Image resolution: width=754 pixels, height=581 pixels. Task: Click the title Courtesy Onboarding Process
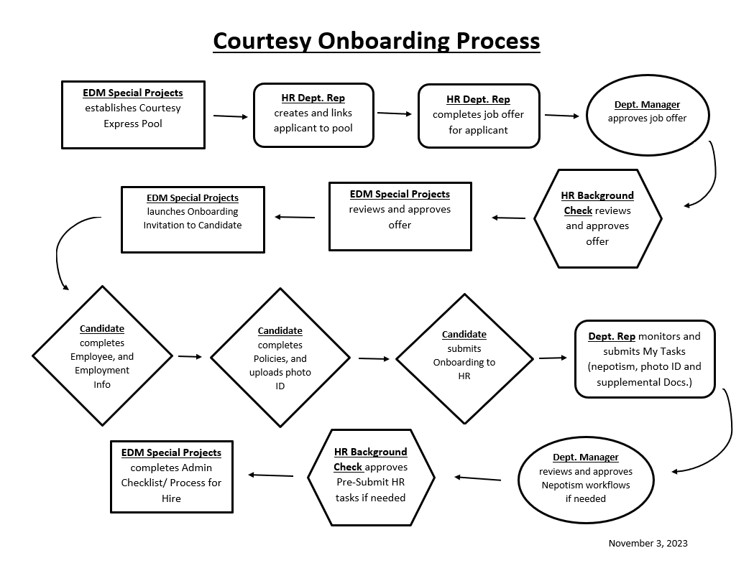point(377,42)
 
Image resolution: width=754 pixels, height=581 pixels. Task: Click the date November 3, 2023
point(648,543)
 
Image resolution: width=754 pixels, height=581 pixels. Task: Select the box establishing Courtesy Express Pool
point(133,115)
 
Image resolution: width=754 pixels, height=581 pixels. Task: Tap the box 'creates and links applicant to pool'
point(313,116)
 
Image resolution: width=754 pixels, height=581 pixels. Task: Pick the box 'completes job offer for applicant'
point(479,116)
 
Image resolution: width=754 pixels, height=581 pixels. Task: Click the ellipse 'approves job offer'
point(647,116)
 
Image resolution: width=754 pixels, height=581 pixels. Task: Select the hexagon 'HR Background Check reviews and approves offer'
point(598,218)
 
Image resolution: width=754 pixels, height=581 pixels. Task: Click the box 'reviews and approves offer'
point(400,216)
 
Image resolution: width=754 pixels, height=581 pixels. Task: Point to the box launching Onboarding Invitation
point(193,220)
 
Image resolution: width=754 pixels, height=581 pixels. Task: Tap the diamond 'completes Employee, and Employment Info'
point(102,356)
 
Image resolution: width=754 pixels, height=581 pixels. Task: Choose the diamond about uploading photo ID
point(280,358)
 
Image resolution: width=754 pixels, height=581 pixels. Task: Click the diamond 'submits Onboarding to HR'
point(464,358)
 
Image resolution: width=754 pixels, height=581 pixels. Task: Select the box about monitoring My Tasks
point(645,359)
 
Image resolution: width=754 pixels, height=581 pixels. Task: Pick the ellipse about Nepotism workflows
point(586,480)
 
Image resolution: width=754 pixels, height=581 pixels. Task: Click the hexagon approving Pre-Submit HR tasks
point(371,477)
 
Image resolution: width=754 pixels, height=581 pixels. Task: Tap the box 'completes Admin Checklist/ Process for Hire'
point(172,477)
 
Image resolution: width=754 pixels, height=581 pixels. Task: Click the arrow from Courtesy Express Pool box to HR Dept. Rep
point(230,116)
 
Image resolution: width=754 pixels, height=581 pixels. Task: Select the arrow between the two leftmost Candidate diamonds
point(190,357)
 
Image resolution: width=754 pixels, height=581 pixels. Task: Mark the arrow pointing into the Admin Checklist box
point(271,475)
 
